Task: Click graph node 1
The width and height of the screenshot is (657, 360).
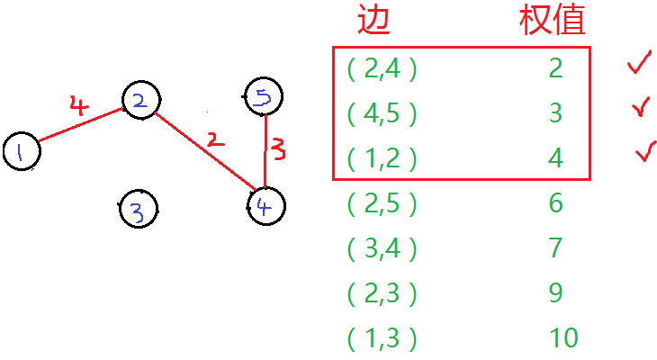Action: point(22,151)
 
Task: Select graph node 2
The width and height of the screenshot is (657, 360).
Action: point(139,102)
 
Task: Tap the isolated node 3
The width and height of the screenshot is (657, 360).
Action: point(138,210)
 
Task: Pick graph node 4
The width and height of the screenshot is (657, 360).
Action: point(265,205)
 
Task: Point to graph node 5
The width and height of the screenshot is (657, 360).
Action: point(264,96)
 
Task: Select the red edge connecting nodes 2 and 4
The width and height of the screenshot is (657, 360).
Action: point(202,151)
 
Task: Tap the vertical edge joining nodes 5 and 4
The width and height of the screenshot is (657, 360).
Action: point(265,151)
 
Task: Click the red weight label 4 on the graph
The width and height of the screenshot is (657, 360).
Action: point(79,105)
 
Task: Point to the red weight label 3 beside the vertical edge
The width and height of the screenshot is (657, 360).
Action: point(279,148)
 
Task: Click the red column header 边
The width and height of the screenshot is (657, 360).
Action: point(374,20)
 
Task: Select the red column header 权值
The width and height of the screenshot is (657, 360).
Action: point(552,20)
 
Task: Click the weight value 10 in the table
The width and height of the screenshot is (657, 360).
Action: point(562,338)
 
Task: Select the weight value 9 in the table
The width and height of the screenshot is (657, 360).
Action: point(555,293)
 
